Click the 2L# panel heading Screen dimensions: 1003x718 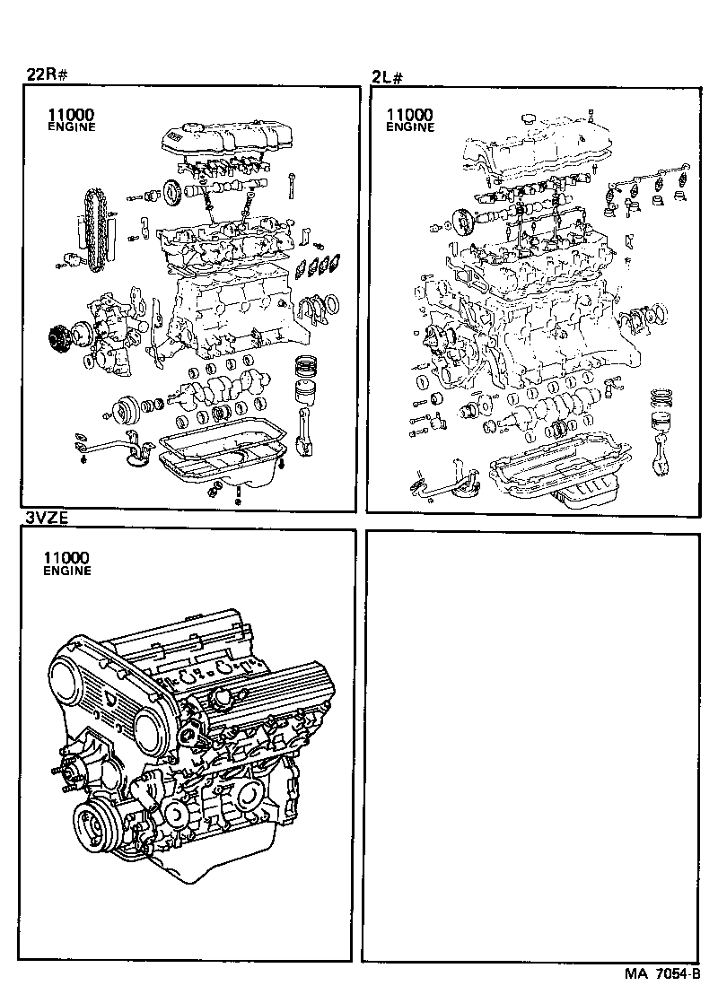click(387, 77)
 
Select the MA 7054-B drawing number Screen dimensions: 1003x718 click(663, 974)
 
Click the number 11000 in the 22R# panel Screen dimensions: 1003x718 click(70, 115)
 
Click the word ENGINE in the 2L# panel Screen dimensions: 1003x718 click(410, 127)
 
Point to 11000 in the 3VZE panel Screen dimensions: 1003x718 click(66, 558)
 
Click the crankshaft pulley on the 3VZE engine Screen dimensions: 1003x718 click(95, 825)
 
